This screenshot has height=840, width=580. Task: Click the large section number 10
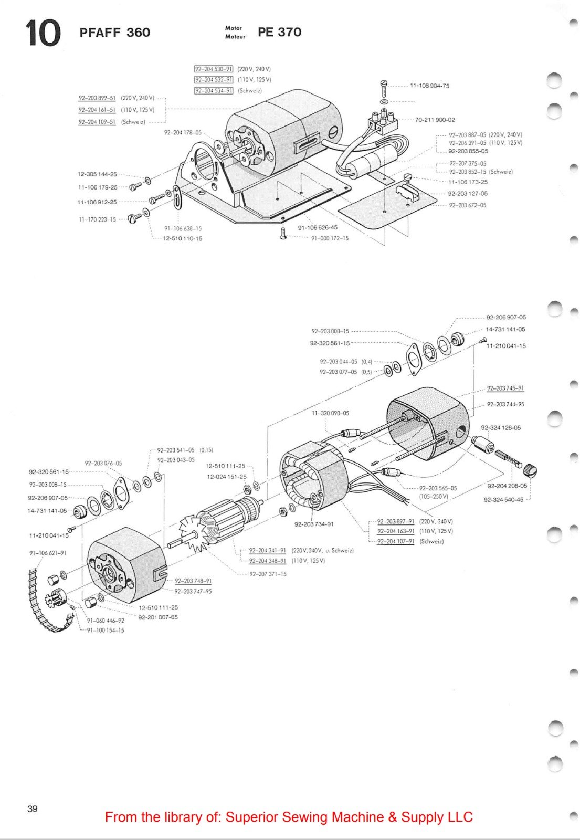coord(43,33)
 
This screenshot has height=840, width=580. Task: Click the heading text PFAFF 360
coord(114,33)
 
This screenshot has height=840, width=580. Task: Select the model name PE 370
coord(279,32)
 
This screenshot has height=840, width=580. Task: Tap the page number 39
coord(33,808)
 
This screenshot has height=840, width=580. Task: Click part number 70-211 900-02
coord(435,120)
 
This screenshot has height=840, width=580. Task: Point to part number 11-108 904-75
coord(429,86)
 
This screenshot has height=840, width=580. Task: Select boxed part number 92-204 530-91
coord(214,69)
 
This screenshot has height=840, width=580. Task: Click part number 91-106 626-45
coord(318,228)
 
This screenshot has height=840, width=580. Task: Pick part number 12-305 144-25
coord(97,174)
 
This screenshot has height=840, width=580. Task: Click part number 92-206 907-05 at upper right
coord(505,317)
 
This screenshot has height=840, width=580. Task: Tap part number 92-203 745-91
coord(505,388)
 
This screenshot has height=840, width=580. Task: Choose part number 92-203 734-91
coord(313,524)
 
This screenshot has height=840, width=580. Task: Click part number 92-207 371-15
coord(268,574)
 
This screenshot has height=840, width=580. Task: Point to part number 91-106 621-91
coord(47,553)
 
